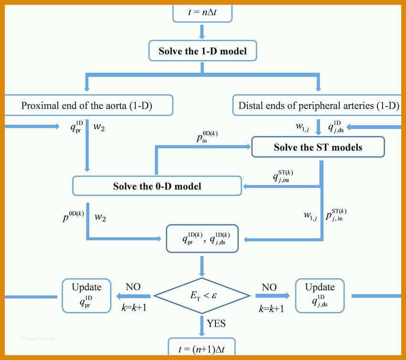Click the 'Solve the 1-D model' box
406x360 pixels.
[x=203, y=51]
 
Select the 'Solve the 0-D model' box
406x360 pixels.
[x=157, y=186]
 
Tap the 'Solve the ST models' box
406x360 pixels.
[x=318, y=147]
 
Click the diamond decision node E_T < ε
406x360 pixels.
[x=202, y=295]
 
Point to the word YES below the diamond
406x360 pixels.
[x=216, y=324]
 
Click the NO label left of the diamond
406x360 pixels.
[x=133, y=287]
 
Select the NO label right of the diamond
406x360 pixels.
[x=269, y=287]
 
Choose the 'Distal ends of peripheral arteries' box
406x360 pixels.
[x=317, y=105]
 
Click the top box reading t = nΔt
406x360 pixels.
[x=203, y=13]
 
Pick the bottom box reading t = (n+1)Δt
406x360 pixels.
[x=202, y=347]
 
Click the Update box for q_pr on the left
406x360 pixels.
[x=86, y=296]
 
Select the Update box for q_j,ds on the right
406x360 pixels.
[x=320, y=296]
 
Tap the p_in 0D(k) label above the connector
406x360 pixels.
[x=207, y=137]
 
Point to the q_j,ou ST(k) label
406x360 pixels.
[x=283, y=176]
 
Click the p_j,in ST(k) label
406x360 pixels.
[x=336, y=215]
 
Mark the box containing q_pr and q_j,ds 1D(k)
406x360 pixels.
[x=202, y=239]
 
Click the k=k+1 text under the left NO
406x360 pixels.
[x=134, y=307]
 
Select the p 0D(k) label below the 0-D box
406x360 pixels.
[x=73, y=217]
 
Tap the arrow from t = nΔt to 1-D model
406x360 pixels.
[x=202, y=32]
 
